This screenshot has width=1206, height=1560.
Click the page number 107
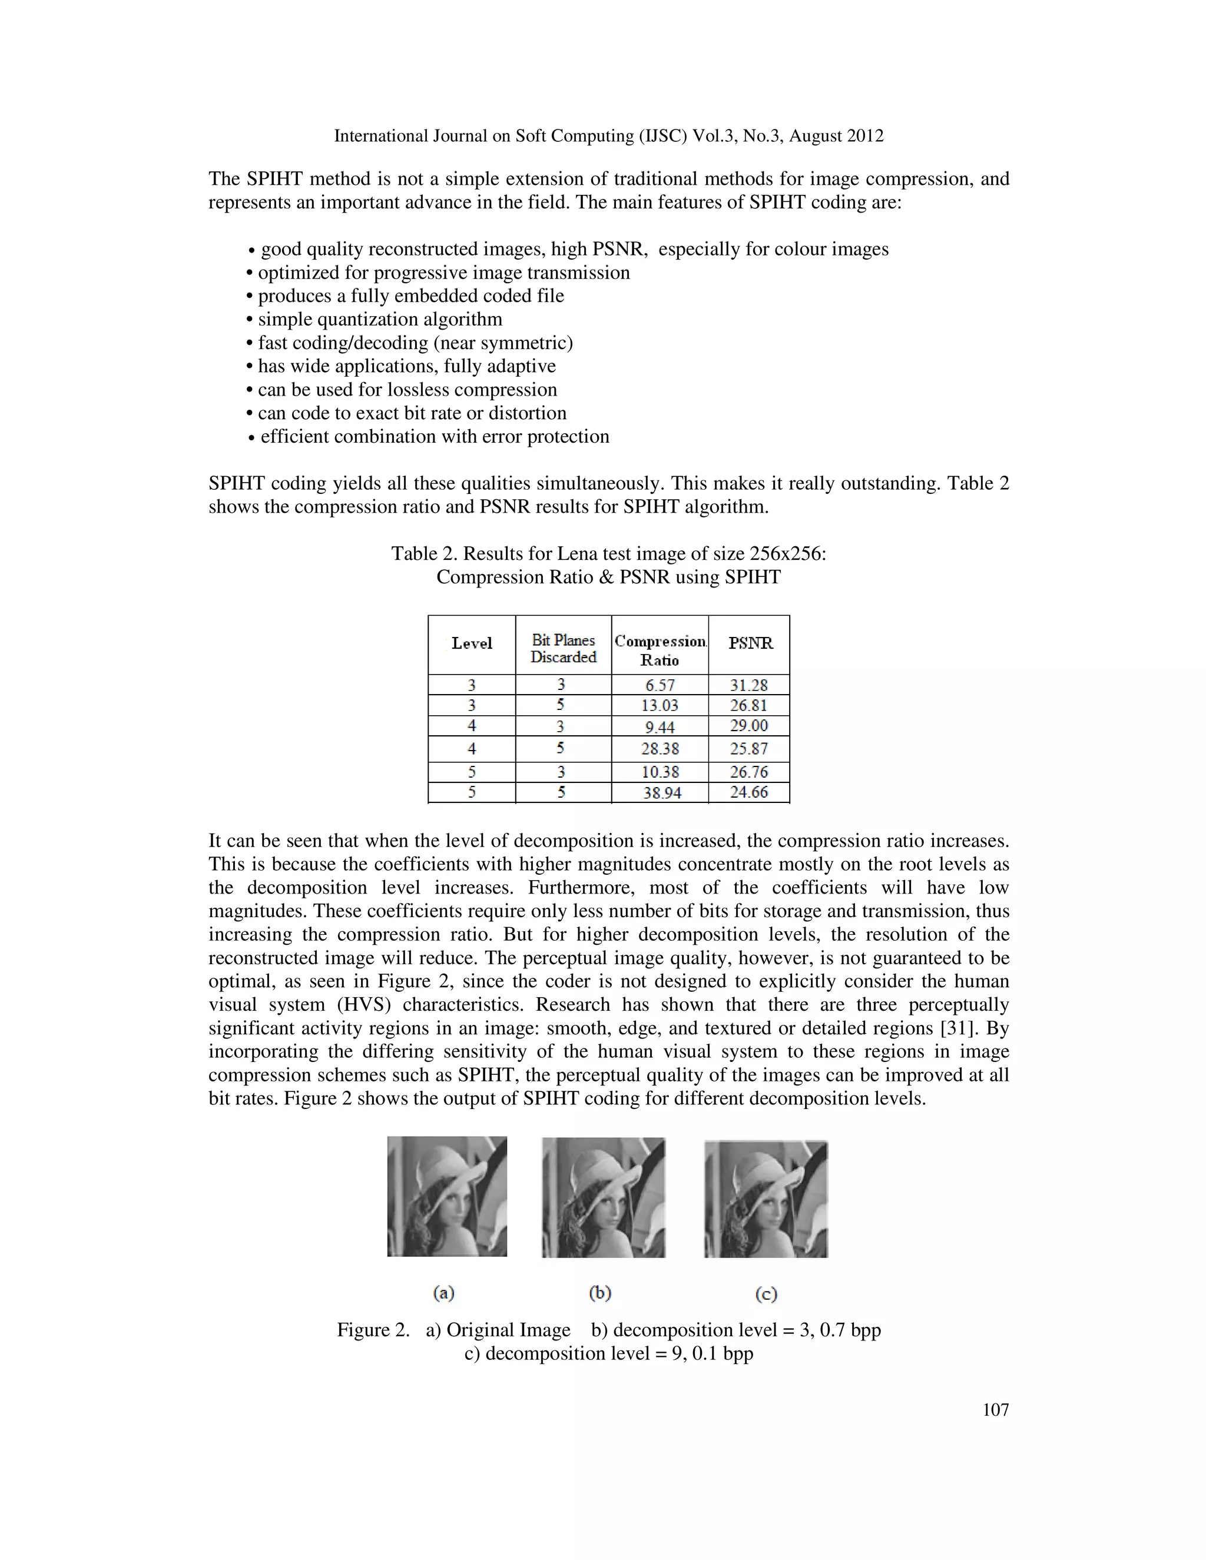click(995, 1409)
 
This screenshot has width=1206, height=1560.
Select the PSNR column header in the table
click(750, 643)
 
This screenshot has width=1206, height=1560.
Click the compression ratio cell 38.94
click(661, 792)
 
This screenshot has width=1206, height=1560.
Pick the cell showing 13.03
click(660, 706)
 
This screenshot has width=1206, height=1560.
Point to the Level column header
click(472, 643)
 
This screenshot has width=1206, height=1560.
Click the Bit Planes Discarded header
click(563, 649)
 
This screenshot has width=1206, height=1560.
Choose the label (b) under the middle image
click(600, 1293)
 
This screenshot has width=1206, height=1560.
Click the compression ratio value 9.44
click(660, 727)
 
